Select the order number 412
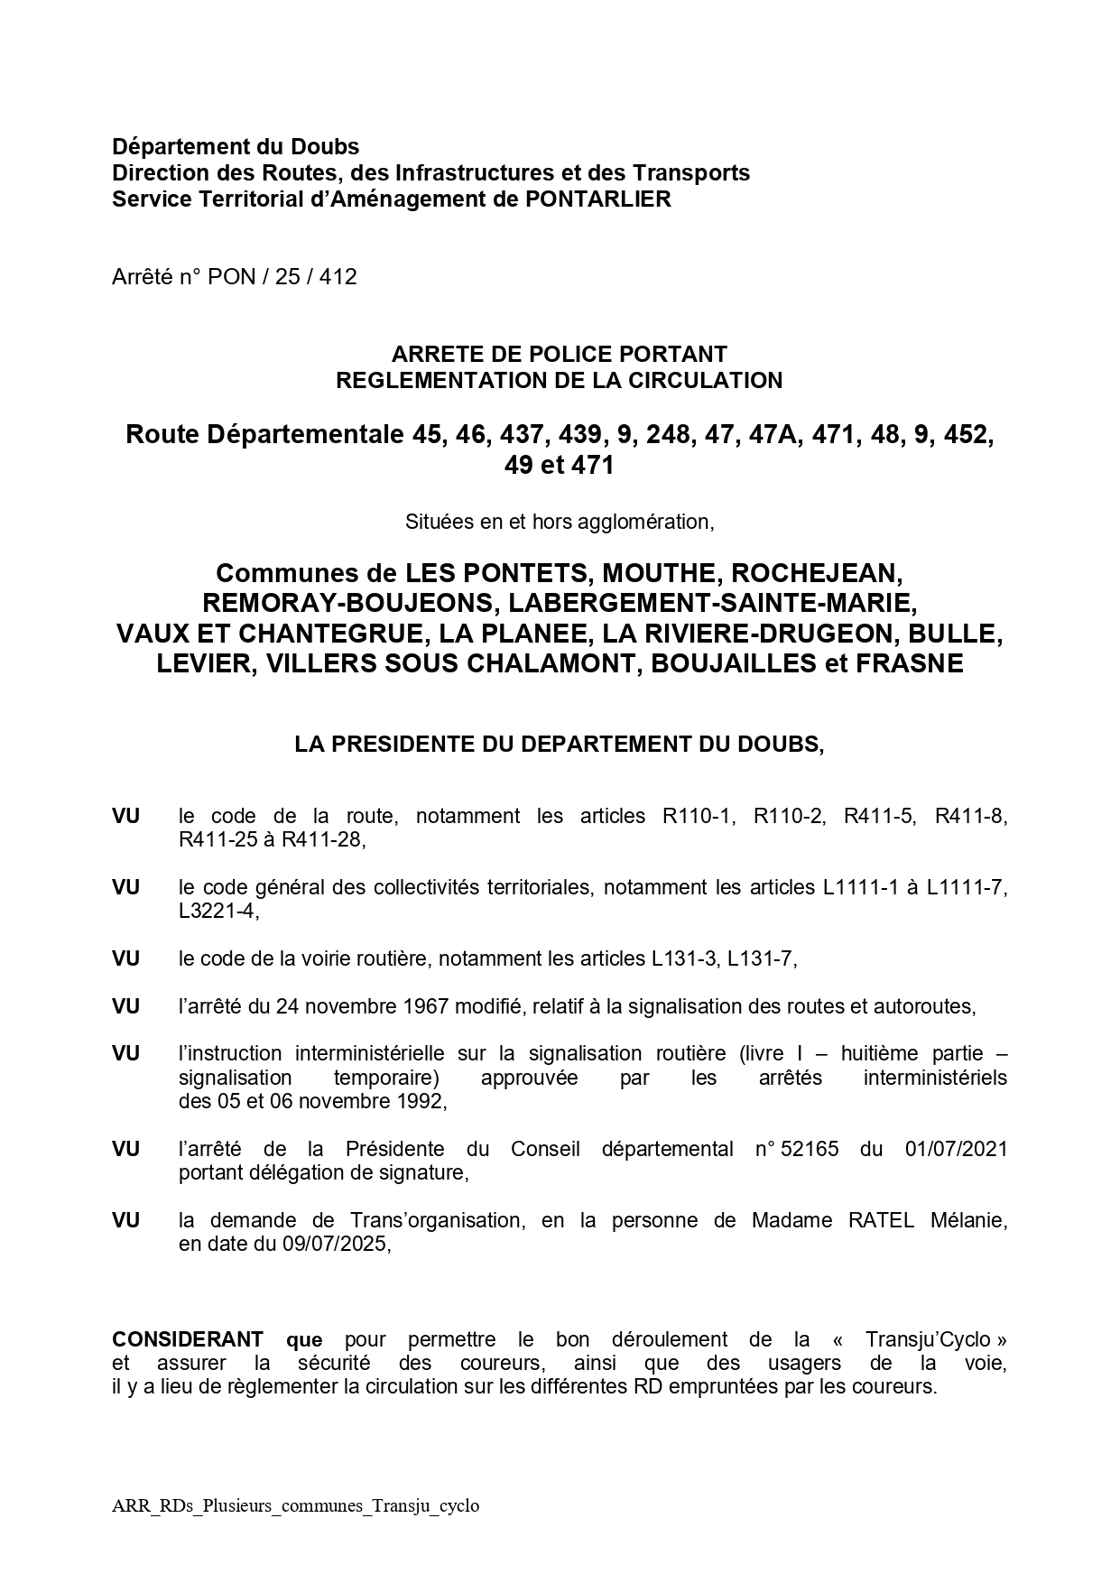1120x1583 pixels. click(338, 277)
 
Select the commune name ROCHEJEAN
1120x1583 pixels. click(817, 573)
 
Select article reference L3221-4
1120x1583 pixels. click(218, 912)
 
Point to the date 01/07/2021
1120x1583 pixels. click(955, 1149)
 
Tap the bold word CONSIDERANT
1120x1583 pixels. click(188, 1339)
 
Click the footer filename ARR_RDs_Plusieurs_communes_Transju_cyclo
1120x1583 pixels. click(296, 1505)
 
